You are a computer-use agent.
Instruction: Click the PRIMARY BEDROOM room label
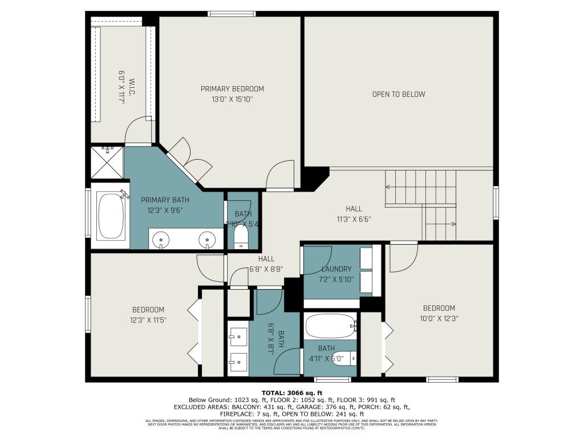pos(232,88)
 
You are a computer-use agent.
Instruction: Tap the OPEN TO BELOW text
pos(399,94)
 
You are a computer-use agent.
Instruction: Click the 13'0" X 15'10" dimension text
pos(232,99)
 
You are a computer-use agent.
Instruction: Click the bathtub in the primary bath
pos(111,215)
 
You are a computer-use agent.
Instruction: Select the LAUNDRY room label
pos(336,269)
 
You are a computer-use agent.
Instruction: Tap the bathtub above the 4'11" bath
pos(329,327)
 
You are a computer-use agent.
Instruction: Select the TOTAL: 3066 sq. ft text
pos(292,392)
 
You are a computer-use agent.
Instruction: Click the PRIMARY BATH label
pos(165,200)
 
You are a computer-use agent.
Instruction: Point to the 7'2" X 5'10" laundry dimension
pos(336,279)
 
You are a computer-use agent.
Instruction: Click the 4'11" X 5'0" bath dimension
pos(326,359)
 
